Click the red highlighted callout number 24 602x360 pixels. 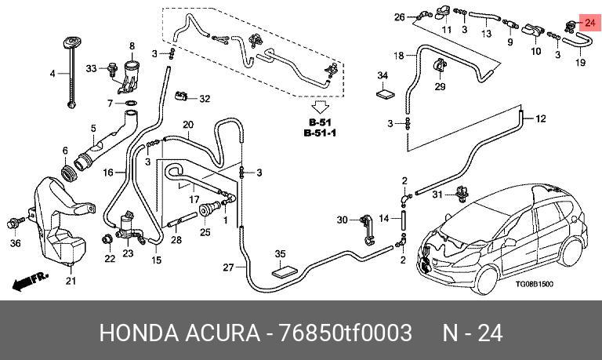pos(589,23)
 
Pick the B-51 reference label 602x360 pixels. pos(320,122)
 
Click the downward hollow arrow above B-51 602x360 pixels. pos(320,107)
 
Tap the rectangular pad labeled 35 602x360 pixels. pos(285,271)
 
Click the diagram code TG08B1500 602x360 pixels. pos(534,284)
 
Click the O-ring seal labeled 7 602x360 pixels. pos(131,104)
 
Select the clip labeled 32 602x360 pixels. pos(181,95)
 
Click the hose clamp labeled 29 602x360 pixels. pos(439,65)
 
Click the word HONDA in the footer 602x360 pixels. pos(140,333)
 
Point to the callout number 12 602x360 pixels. pos(540,118)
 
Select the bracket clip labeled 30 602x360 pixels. pos(367,230)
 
